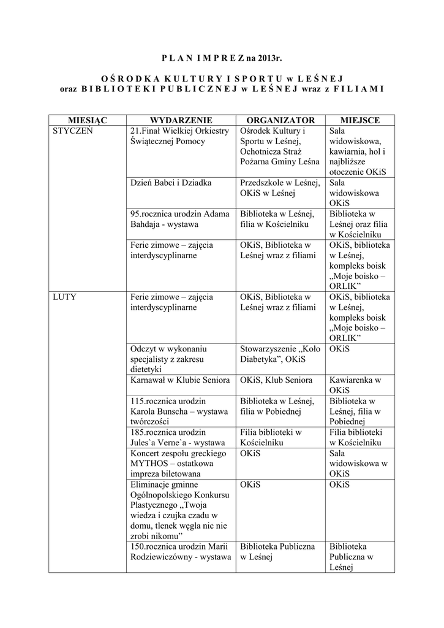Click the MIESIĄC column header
[88, 120]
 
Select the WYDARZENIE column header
[181, 120]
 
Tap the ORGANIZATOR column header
[280, 120]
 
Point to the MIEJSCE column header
[359, 120]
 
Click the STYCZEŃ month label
[73, 131]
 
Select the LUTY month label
[65, 297]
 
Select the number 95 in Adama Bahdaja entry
[136, 214]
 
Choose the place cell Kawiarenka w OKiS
[355, 385]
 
